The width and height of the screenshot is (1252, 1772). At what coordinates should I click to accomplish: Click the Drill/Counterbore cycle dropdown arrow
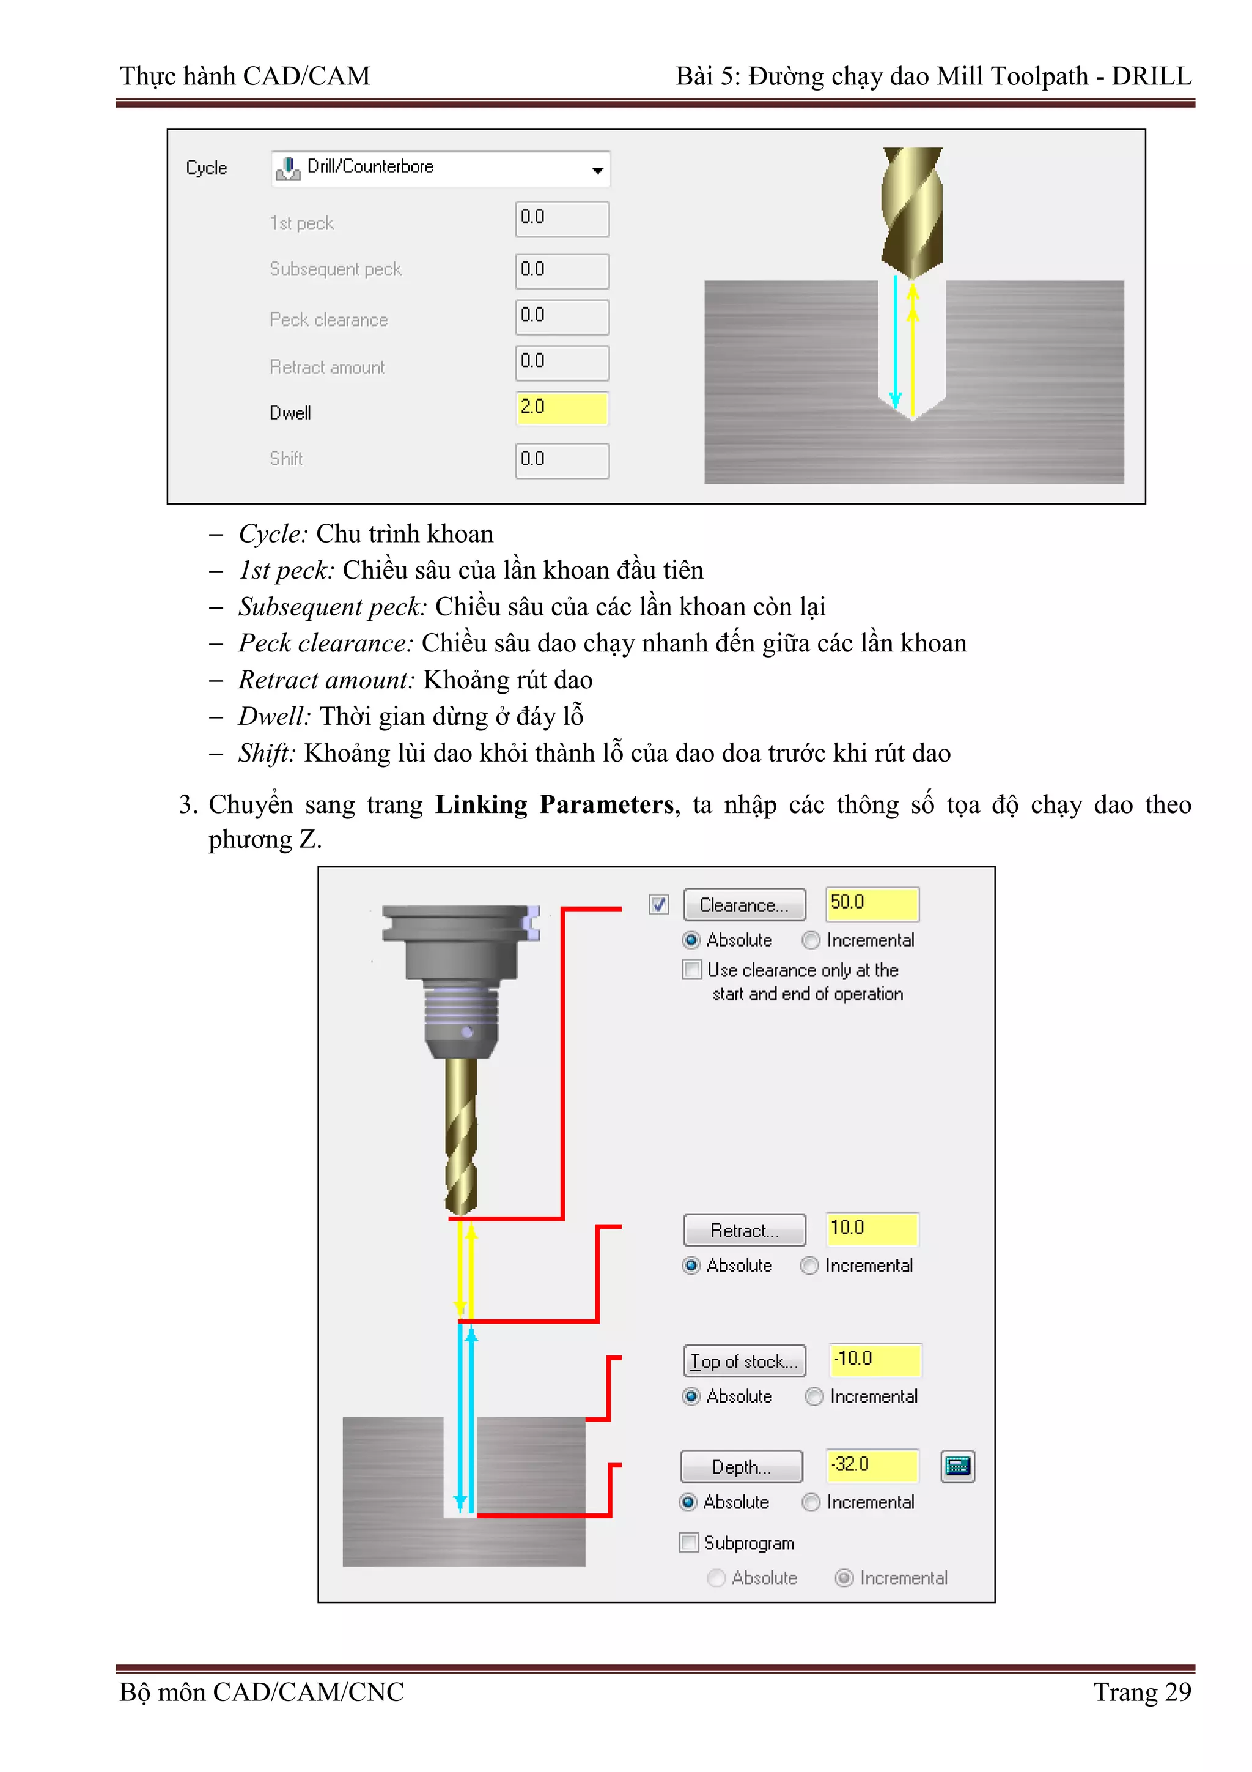point(597,171)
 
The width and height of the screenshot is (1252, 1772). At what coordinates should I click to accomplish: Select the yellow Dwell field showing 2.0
point(562,408)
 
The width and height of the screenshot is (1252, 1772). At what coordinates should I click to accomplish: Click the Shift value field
point(562,460)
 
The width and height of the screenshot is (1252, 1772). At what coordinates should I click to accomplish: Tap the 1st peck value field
point(562,219)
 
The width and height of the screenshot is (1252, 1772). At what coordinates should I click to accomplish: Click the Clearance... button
point(743,905)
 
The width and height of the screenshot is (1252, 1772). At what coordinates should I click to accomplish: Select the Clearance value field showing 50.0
point(872,904)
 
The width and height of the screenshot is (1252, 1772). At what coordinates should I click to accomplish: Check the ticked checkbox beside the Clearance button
point(658,905)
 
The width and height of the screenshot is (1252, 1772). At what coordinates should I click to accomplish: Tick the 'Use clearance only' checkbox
point(692,969)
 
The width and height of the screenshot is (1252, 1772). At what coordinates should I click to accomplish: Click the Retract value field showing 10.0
point(872,1229)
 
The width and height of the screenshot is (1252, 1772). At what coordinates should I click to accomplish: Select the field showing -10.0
point(875,1360)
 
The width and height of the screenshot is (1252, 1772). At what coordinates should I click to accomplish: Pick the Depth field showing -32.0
point(872,1466)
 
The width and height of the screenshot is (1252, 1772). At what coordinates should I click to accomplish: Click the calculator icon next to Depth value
point(957,1466)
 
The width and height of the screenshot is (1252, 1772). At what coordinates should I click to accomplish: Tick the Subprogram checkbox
point(689,1543)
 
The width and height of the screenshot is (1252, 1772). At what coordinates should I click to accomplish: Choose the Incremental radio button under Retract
point(809,1266)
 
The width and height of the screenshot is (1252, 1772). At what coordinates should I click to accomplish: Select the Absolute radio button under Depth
point(688,1502)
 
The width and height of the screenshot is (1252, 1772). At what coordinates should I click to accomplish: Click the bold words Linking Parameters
point(554,804)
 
